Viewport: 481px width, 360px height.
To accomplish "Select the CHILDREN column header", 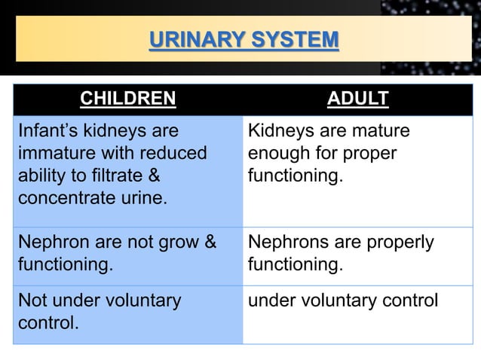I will point(127,99).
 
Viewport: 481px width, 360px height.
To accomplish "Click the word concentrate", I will point(64,199).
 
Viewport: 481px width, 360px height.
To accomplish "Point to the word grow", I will point(180,243).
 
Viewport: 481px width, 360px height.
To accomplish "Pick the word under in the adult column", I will point(270,301).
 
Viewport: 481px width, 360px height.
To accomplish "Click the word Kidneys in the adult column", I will point(280,131).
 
